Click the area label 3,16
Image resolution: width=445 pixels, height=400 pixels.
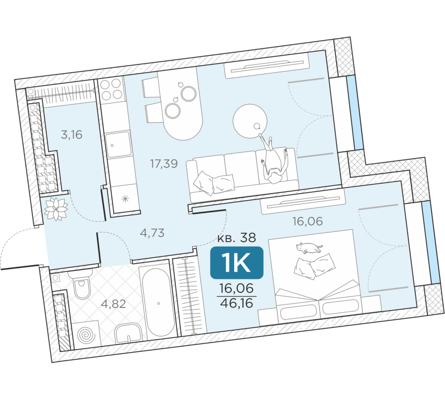pyautogui.click(x=72, y=134)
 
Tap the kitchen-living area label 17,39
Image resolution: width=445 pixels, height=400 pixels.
pyautogui.click(x=164, y=163)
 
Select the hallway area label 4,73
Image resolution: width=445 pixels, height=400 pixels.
pyautogui.click(x=152, y=233)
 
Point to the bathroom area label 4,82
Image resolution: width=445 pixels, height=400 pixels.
pyautogui.click(x=113, y=304)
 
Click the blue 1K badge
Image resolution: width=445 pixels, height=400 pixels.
pyautogui.click(x=237, y=263)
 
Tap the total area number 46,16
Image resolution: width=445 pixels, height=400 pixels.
pyautogui.click(x=237, y=303)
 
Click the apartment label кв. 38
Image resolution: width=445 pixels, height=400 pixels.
pyautogui.click(x=237, y=238)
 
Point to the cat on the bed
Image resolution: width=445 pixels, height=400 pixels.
pyautogui.click(x=309, y=248)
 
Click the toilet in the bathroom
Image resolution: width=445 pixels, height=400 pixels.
pyautogui.click(x=82, y=284)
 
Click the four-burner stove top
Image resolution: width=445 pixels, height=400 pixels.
pyautogui.click(x=112, y=89)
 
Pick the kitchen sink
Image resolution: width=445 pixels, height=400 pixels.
pyautogui.click(x=118, y=144)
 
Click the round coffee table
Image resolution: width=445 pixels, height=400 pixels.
pyautogui.click(x=250, y=121)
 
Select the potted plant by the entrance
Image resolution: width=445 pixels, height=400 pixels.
pyautogui.click(x=56, y=209)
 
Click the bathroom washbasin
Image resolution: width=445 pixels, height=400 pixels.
pyautogui.click(x=129, y=333)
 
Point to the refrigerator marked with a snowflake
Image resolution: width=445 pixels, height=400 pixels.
pyautogui.click(x=125, y=198)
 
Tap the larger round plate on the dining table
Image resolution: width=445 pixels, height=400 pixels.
pyautogui.click(x=189, y=94)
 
